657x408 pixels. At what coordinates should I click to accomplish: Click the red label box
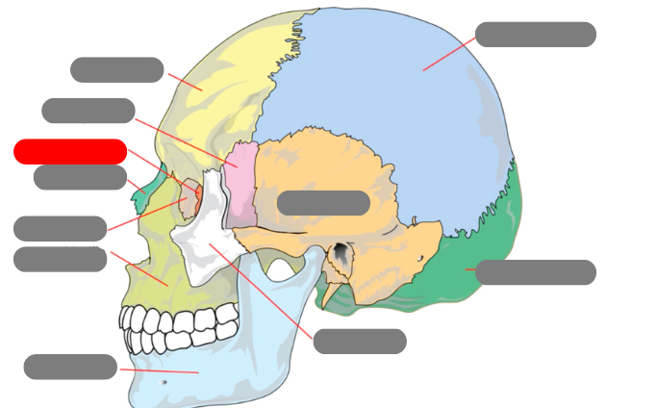pyautogui.click(x=70, y=152)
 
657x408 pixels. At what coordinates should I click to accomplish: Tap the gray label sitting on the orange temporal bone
pyautogui.click(x=323, y=203)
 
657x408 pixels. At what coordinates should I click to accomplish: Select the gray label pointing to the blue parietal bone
pyautogui.click(x=535, y=35)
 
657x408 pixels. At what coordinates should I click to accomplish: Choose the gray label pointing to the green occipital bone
pyautogui.click(x=535, y=272)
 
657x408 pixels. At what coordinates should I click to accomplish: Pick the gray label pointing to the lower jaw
pyautogui.click(x=70, y=367)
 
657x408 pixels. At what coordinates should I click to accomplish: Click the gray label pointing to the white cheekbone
pyautogui.click(x=360, y=342)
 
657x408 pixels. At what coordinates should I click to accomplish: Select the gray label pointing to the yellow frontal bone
pyautogui.click(x=116, y=70)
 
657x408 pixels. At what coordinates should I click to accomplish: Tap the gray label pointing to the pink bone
pyautogui.click(x=88, y=111)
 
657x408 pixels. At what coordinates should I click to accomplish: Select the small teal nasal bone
pyautogui.click(x=145, y=196)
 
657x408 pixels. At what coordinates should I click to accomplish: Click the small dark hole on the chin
pyautogui.click(x=163, y=382)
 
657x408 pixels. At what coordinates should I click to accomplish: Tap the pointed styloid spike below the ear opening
pyautogui.click(x=327, y=293)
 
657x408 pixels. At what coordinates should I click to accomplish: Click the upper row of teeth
pyautogui.click(x=183, y=319)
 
